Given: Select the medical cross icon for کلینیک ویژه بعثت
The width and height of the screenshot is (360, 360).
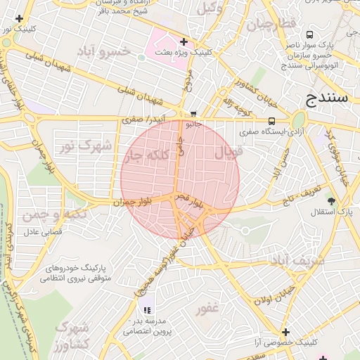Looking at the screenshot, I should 184,42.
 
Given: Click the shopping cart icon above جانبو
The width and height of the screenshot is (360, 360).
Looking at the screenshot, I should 193,114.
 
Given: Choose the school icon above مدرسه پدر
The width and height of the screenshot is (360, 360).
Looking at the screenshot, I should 147,309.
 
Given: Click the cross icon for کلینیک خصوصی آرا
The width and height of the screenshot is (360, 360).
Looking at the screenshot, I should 285,332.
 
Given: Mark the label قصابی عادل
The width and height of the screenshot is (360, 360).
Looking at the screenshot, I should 43,231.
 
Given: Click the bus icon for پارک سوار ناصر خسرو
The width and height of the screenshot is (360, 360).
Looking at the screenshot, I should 310,34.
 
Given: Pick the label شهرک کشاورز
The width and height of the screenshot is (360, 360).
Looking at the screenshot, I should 72,336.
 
